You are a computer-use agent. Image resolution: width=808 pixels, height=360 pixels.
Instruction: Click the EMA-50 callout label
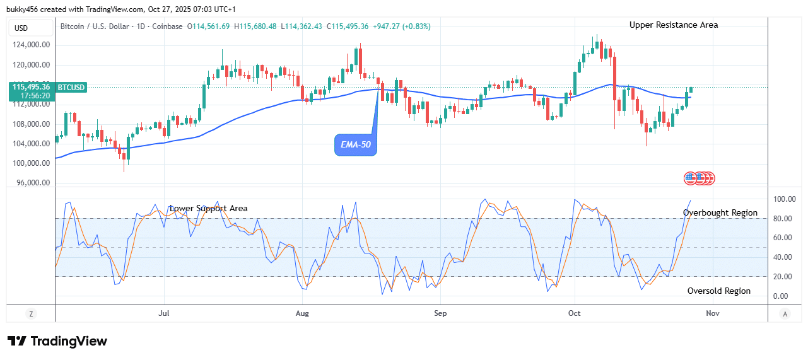pos(355,146)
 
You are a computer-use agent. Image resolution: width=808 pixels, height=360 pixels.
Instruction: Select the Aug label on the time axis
pos(303,313)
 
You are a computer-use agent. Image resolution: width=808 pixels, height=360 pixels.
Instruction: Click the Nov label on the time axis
pos(713,313)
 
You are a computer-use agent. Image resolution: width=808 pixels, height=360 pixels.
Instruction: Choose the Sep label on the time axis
pos(440,313)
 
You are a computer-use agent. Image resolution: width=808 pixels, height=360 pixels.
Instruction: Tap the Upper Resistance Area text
pos(674,25)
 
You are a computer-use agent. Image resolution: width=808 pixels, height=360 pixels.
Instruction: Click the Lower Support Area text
pos(208,209)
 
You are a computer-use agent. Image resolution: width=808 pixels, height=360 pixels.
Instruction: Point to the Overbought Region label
pos(720,213)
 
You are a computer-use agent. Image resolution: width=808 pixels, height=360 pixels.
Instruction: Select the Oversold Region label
pos(718,291)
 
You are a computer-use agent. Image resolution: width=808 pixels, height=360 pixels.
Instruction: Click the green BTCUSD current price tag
pos(48,91)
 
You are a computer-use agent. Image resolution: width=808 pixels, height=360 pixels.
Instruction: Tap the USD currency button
pos(21,28)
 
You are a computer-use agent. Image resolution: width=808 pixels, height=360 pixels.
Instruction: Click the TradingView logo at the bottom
pos(57,341)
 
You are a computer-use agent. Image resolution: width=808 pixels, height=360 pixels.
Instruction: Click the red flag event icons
pos(700,178)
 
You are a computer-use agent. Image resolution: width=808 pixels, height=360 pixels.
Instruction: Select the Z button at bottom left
pos(30,313)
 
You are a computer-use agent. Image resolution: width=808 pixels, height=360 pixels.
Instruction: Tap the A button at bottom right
pos(785,313)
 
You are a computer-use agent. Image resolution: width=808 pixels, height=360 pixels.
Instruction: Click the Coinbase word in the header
pos(168,26)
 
